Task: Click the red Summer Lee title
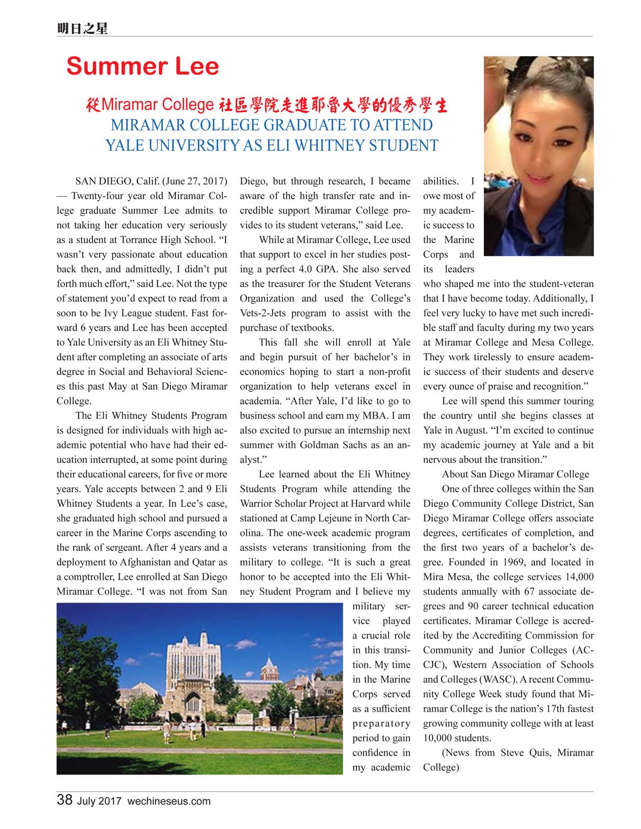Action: pos(142,66)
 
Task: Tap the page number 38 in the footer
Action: pos(65,800)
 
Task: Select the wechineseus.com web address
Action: pos(169,801)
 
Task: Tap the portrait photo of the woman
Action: pos(539,156)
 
